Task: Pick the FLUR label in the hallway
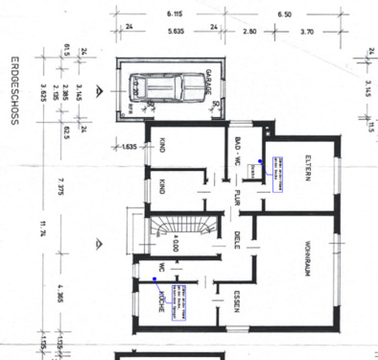[x=235, y=204]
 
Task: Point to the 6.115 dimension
[x=174, y=15]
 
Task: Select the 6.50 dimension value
[x=311, y=15]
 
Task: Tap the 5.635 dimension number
[x=174, y=31]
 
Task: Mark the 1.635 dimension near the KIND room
[x=131, y=147]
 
